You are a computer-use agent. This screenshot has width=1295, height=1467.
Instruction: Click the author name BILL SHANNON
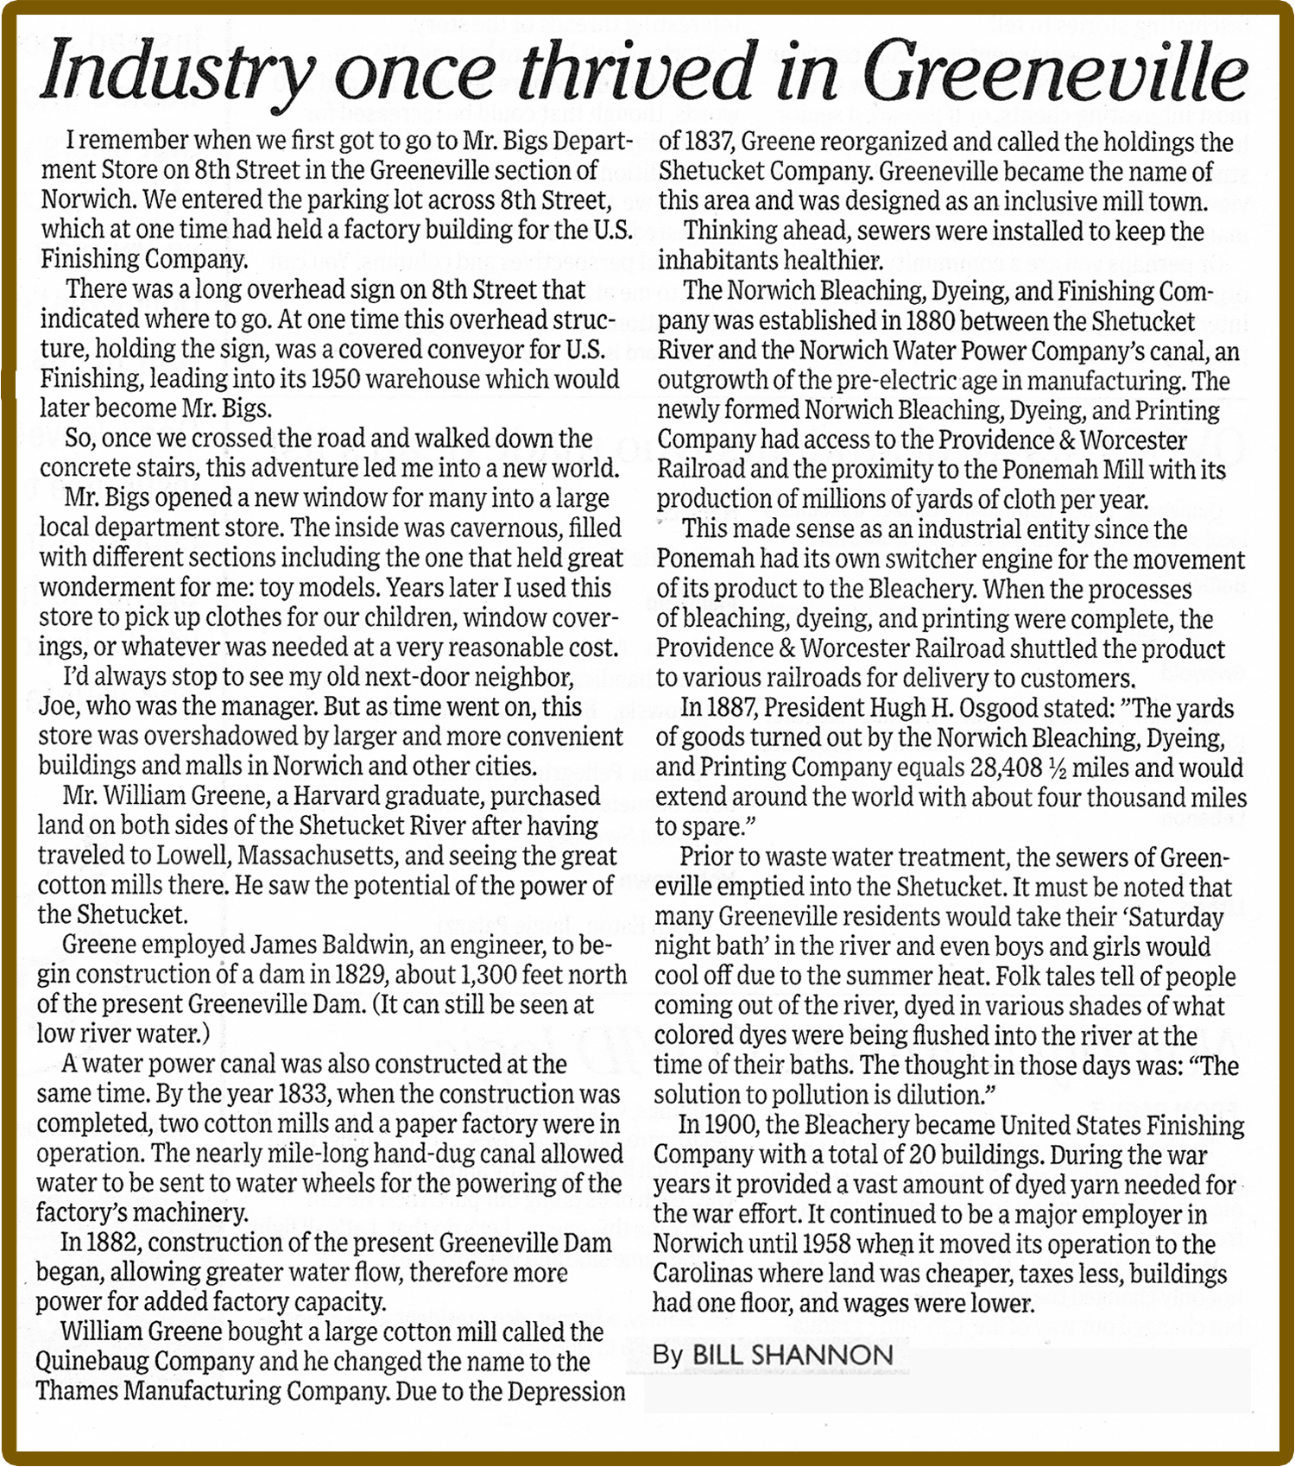pos(793,1354)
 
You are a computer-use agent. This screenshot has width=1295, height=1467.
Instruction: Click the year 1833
pos(304,1093)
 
